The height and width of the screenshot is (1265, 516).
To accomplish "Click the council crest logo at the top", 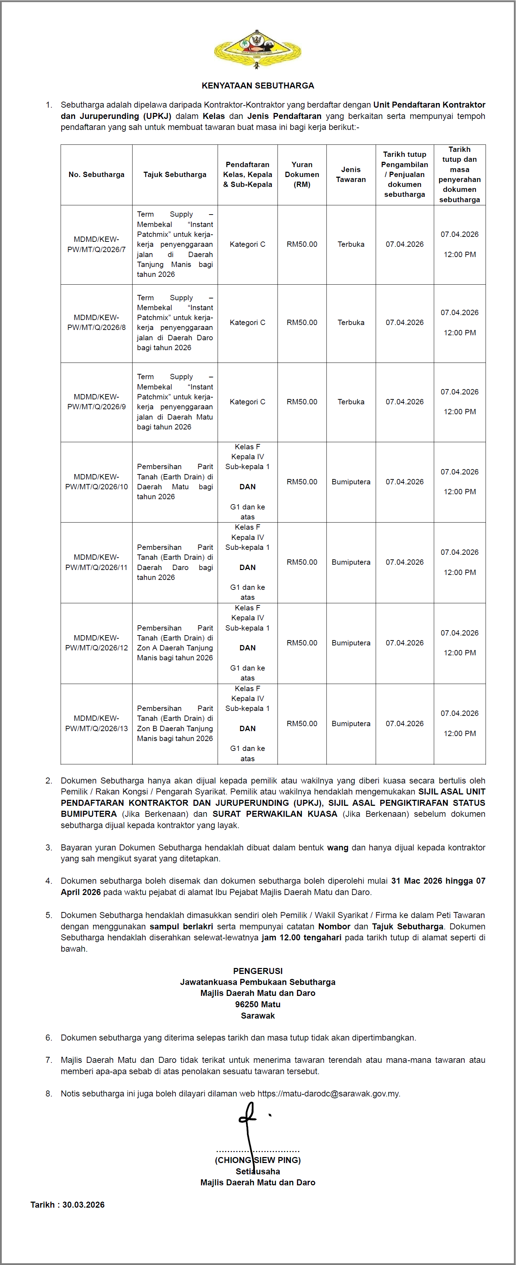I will (258, 49).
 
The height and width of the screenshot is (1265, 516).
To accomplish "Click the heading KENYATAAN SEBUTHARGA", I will (258, 85).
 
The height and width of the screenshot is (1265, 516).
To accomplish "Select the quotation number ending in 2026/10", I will (96, 482).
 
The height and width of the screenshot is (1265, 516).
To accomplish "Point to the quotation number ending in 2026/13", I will (96, 723).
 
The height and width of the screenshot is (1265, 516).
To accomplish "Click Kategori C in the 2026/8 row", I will (247, 323).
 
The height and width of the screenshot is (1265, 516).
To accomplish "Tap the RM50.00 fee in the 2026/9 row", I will (302, 402).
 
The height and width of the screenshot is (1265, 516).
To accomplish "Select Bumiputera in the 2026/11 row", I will (351, 562).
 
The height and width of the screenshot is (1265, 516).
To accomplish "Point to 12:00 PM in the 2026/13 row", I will (460, 734).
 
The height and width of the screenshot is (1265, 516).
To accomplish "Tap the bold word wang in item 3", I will (338, 848).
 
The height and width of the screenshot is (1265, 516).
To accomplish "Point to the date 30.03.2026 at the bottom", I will (84, 1204).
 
